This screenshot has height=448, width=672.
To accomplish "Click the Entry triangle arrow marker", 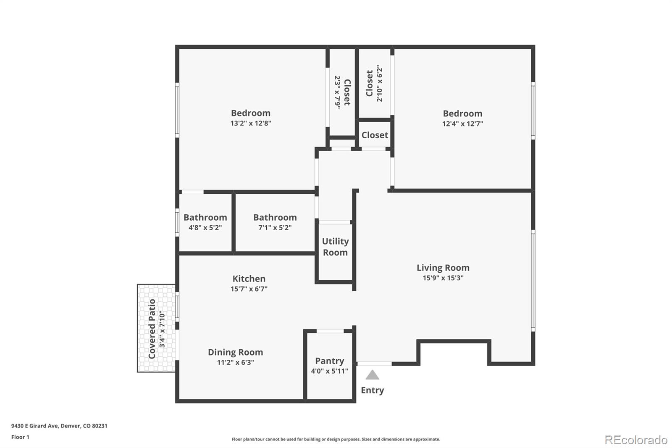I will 372,375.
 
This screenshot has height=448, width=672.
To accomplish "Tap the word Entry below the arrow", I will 372,390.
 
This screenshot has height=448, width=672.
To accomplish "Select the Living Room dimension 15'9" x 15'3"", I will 443,278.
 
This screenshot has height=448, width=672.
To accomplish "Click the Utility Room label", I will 335,247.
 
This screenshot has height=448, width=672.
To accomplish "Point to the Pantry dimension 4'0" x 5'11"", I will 329,371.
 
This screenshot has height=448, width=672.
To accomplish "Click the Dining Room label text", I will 235,352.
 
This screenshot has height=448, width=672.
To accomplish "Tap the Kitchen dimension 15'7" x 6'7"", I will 249,289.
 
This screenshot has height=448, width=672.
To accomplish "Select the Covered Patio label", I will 152,329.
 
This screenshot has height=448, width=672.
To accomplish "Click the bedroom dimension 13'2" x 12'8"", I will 250,123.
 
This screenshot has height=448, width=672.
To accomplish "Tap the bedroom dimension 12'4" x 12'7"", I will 462,124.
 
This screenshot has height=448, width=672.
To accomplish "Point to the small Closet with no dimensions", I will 375,135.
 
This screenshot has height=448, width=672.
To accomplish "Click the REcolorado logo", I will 636,440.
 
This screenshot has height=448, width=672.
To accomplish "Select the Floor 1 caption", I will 20,437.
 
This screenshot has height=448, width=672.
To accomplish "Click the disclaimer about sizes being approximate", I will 336,439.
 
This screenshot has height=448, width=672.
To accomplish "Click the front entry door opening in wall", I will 374,364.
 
